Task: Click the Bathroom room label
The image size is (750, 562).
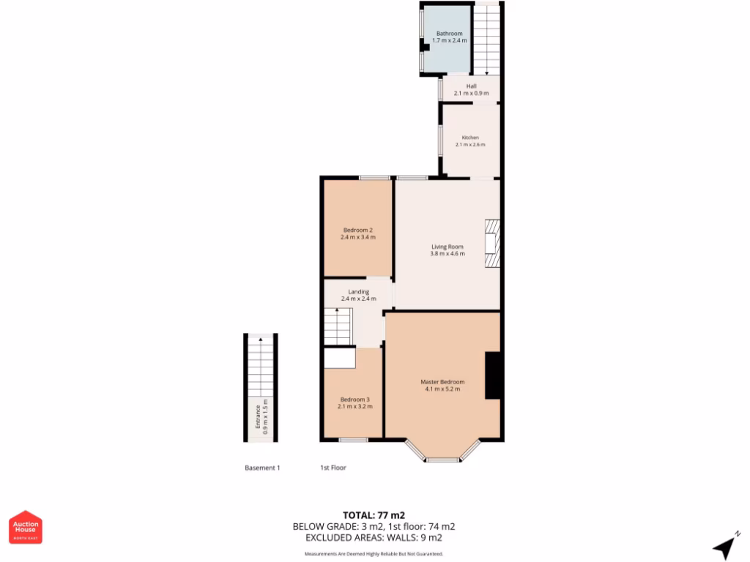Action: (449, 34)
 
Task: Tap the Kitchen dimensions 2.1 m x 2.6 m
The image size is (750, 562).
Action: (469, 145)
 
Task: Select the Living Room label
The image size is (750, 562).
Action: (447, 247)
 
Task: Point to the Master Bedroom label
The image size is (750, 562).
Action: (442, 382)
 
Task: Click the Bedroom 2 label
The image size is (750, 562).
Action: (357, 230)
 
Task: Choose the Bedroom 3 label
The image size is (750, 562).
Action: (354, 399)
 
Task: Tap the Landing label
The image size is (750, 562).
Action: (358, 291)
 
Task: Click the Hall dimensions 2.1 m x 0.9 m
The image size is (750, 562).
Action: (471, 94)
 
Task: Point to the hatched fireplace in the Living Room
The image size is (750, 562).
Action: (491, 245)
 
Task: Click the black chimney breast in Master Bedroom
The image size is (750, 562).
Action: (493, 375)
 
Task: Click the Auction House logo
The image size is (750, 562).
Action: (26, 527)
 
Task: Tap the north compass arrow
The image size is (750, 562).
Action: (725, 546)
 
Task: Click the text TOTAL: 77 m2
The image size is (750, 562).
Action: (374, 514)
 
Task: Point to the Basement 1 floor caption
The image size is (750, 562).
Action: (262, 468)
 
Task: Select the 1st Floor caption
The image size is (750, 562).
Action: (333, 468)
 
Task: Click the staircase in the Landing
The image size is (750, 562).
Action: (338, 326)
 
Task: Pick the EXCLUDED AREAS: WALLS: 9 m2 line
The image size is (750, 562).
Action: (374, 537)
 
